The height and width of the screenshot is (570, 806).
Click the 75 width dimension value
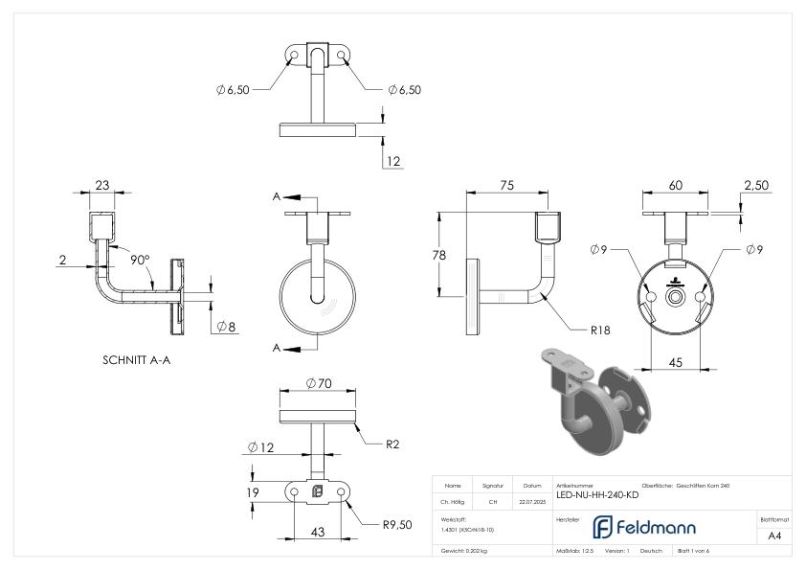(507, 185)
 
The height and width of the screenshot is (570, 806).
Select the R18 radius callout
(600, 330)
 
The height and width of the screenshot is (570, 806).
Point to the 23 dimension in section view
(102, 186)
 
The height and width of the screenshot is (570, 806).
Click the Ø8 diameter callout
(227, 327)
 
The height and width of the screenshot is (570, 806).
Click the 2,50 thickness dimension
(756, 185)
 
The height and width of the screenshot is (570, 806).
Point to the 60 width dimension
(677, 185)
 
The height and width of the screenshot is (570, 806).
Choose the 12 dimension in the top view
(393, 161)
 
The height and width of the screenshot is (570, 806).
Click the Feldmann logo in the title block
(644, 527)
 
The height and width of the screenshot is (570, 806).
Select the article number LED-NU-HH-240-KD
(597, 495)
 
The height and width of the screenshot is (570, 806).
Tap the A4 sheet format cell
(775, 536)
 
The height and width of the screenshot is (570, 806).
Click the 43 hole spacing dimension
(317, 532)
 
